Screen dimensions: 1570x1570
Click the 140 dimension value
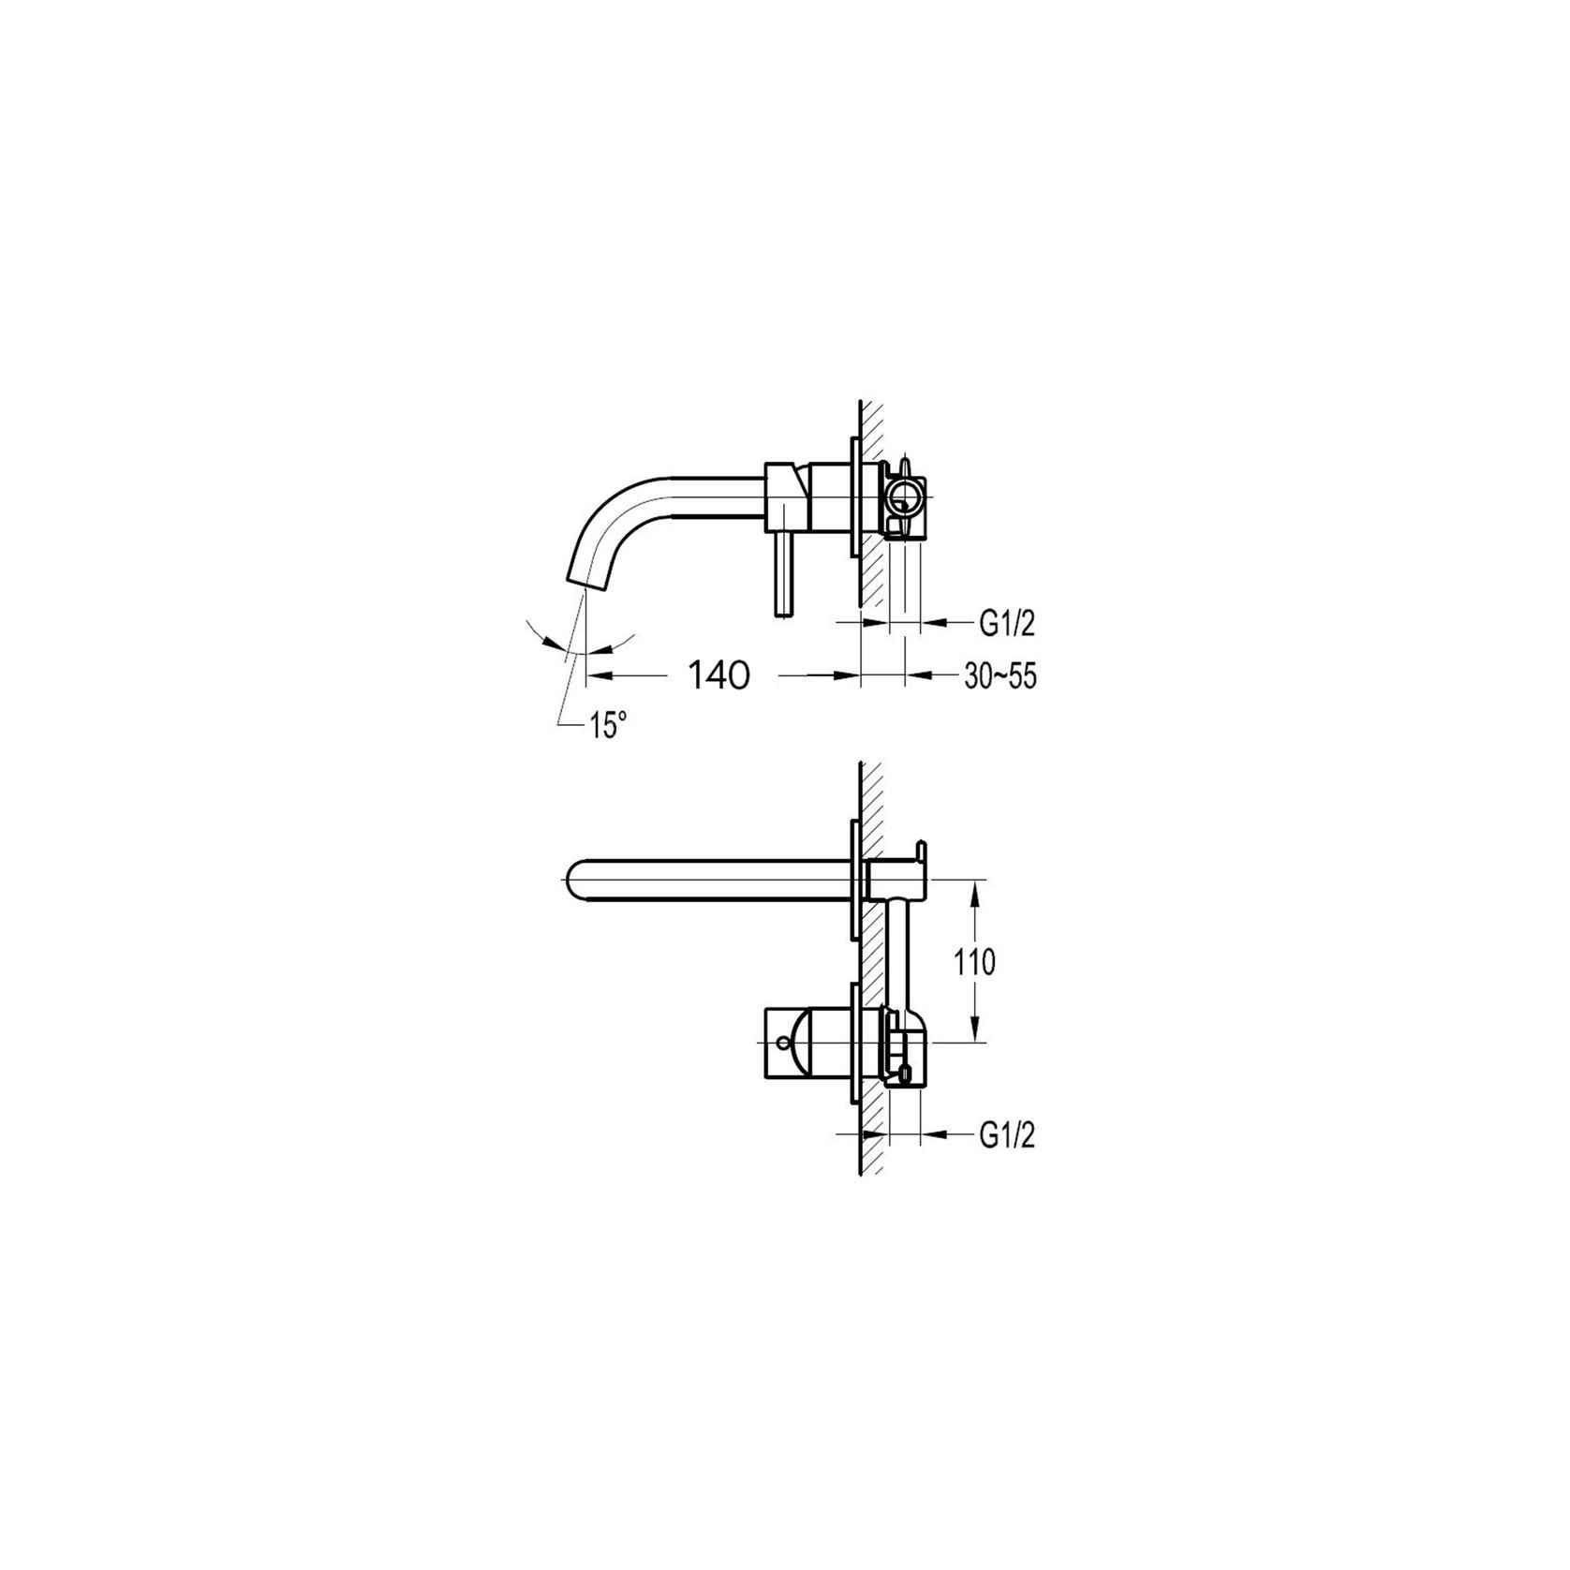tap(719, 674)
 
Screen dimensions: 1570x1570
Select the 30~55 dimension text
tap(1000, 676)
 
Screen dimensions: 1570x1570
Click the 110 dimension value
tap(975, 962)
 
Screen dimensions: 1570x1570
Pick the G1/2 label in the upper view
tap(1007, 621)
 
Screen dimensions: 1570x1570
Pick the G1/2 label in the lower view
tap(1007, 1136)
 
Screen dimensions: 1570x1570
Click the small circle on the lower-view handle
tap(783, 1043)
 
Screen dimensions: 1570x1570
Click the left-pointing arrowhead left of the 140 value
tap(596, 674)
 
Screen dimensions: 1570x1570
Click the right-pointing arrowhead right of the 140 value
tap(849, 674)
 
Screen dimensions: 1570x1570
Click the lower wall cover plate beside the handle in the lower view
tap(855, 1041)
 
